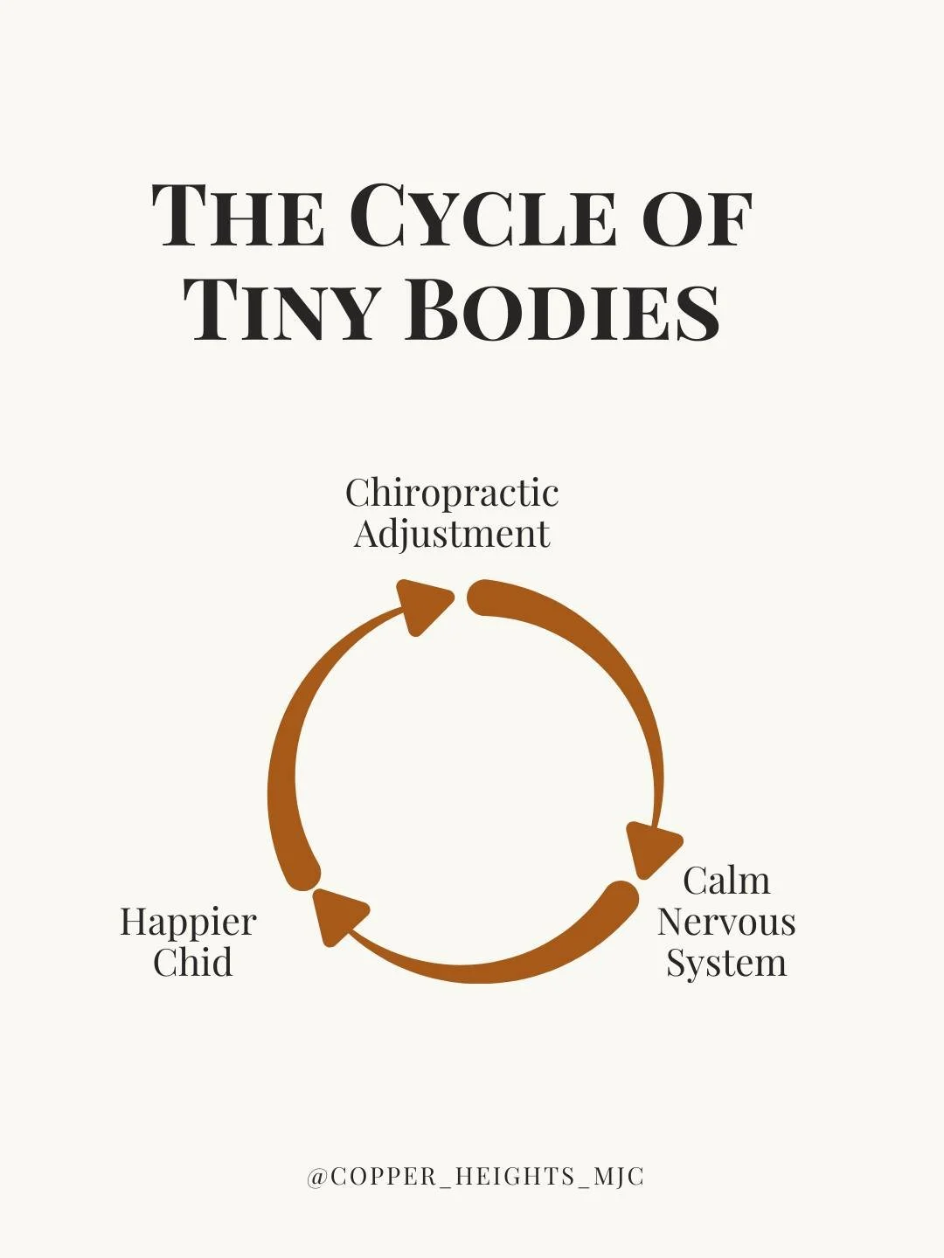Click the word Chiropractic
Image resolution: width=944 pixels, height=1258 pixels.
pyautogui.click(x=452, y=493)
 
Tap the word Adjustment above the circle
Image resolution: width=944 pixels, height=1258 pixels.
pyautogui.click(x=452, y=534)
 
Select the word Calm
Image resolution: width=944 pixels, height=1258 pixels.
pyautogui.click(x=726, y=881)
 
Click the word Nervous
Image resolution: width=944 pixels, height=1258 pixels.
pyautogui.click(x=726, y=922)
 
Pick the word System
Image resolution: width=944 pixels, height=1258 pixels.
pyautogui.click(x=726, y=963)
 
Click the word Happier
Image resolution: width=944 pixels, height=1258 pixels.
pyautogui.click(x=188, y=922)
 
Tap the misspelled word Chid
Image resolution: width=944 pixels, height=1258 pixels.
pyautogui.click(x=192, y=963)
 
